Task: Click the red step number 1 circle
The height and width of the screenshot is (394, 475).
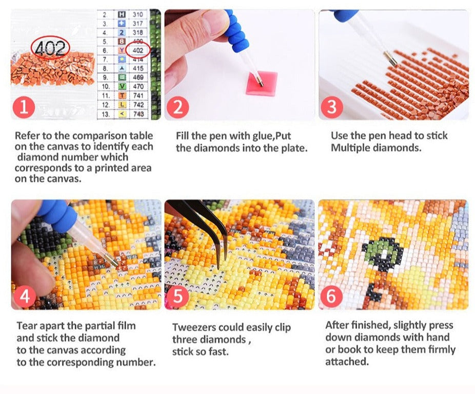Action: (24, 107)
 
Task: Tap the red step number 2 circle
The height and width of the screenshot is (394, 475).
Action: (178, 107)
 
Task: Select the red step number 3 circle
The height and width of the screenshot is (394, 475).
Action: (332, 107)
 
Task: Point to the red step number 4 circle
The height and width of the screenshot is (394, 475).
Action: (25, 296)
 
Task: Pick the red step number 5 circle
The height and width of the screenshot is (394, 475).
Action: (178, 296)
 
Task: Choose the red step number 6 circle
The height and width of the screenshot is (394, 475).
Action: (331, 296)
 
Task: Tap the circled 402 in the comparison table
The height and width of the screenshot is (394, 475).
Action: (138, 50)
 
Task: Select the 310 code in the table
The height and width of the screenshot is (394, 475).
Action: (137, 14)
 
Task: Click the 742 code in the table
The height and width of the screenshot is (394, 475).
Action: (138, 105)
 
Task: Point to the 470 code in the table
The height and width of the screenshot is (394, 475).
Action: (138, 86)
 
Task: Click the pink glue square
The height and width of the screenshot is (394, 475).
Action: (262, 83)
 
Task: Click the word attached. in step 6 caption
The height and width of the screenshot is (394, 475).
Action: (347, 361)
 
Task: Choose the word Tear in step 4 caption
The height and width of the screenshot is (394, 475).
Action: (27, 326)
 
